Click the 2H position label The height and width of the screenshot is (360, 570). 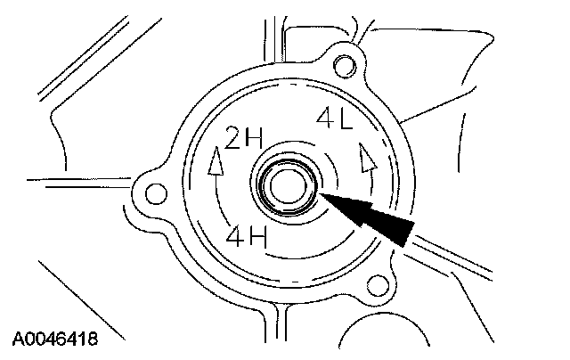click(241, 141)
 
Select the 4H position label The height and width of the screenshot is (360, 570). click(246, 237)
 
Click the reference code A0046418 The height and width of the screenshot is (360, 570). click(54, 340)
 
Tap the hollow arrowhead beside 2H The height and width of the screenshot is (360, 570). click(213, 163)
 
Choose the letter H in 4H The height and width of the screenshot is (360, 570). click(258, 237)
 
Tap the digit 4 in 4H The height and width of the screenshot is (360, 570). click(234, 237)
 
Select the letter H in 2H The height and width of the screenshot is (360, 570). click(252, 141)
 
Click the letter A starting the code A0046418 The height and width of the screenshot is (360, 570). click(17, 340)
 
